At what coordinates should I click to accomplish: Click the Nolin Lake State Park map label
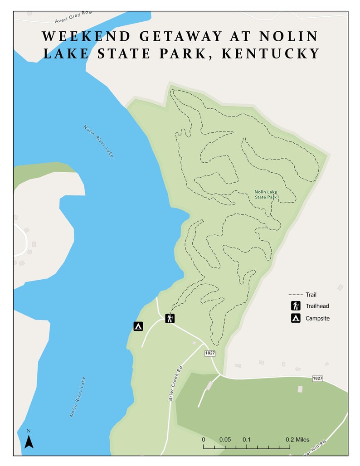[266, 194]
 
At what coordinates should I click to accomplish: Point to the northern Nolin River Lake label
[98, 141]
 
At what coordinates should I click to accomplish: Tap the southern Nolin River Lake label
[78, 397]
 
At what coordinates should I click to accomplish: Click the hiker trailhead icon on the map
[170, 318]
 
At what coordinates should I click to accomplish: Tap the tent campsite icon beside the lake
[138, 326]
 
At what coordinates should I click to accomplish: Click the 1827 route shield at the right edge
[317, 378]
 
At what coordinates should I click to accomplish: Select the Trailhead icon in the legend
[296, 306]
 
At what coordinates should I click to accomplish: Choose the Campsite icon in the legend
[296, 318]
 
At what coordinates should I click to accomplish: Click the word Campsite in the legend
[317, 318]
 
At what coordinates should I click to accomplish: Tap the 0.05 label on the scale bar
[225, 439]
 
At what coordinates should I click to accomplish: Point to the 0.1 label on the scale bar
[247, 439]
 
